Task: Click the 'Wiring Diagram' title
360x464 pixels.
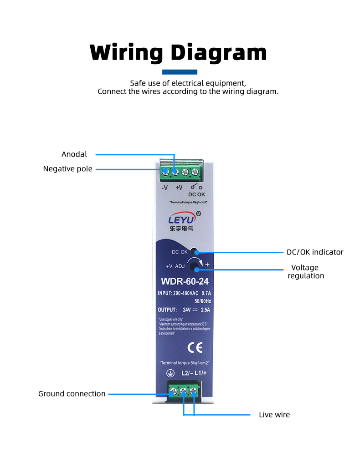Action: [178, 53]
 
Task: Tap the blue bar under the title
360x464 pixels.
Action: [180, 72]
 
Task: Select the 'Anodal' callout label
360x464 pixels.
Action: [74, 154]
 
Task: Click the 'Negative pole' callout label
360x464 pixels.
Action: [68, 169]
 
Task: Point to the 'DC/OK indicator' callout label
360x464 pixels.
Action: [314, 252]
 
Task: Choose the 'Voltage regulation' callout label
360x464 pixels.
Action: [306, 272]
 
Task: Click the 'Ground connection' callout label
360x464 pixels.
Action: [72, 394]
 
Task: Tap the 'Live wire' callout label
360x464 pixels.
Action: [274, 415]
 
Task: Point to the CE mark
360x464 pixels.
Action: [195, 348]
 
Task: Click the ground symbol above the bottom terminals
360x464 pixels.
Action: [170, 374]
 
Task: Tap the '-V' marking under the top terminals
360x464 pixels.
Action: [165, 187]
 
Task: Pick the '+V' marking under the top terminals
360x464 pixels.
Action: [179, 187]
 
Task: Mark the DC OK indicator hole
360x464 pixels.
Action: [194, 251]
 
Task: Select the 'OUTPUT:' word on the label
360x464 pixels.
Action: [167, 310]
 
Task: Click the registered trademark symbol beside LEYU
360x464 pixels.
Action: [198, 213]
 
